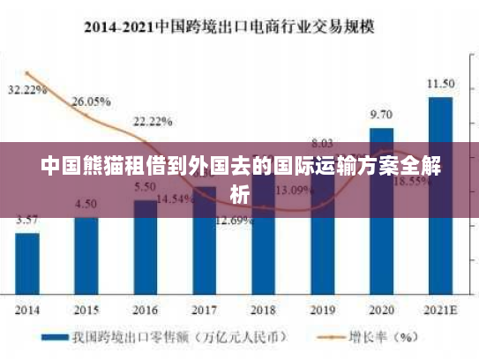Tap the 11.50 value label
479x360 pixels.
tap(440, 84)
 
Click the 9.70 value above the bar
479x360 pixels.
tap(381, 115)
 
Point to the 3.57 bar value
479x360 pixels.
tap(27, 220)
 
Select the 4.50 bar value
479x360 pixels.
tap(86, 204)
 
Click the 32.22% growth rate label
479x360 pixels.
tap(27, 90)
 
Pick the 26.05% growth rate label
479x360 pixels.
tap(91, 101)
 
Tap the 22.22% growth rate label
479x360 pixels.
tap(153, 121)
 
